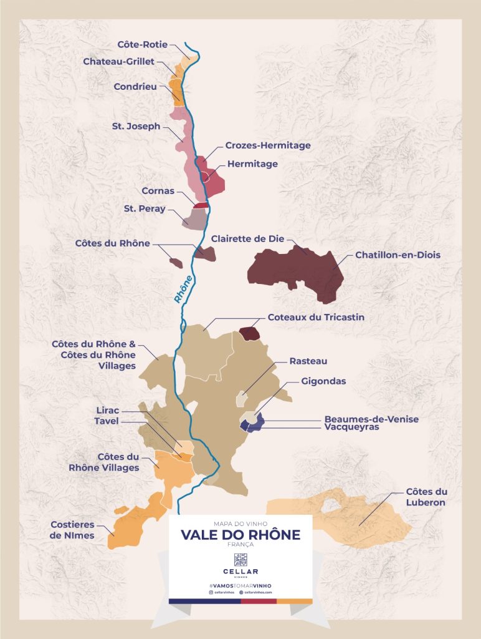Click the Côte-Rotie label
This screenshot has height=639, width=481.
click(x=142, y=44)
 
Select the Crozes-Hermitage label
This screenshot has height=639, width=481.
click(x=269, y=145)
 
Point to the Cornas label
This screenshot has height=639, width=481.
click(x=158, y=192)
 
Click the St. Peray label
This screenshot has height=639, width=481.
click(x=145, y=209)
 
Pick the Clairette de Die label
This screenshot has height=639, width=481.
click(x=246, y=238)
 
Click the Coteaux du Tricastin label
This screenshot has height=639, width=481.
click(x=316, y=317)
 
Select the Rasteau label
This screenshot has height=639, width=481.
click(x=308, y=361)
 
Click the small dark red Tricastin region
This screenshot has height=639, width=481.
click(x=250, y=333)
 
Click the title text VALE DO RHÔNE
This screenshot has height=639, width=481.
click(x=240, y=535)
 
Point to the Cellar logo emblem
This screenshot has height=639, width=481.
click(x=240, y=559)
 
